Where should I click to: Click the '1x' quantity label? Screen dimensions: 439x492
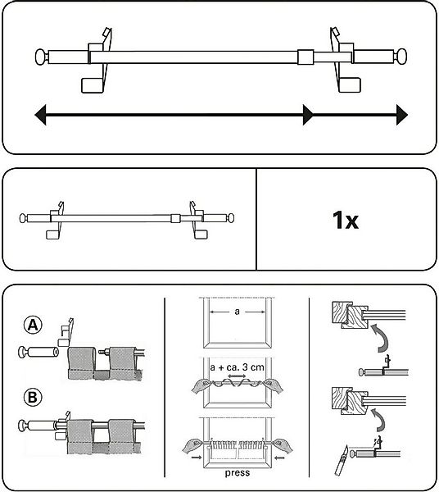pyautogui.click(x=346, y=220)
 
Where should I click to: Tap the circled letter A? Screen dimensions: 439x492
pyautogui.click(x=33, y=326)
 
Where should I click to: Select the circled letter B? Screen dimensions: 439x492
pyautogui.click(x=33, y=397)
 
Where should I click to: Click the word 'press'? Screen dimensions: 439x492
pyautogui.click(x=238, y=473)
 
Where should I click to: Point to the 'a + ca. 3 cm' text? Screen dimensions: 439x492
pyautogui.click(x=237, y=367)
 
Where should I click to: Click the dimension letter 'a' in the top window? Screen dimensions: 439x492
pyautogui.click(x=237, y=312)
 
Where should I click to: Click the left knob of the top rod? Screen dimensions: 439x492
pyautogui.click(x=42, y=57)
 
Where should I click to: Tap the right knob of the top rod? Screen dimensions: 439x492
pyautogui.click(x=401, y=57)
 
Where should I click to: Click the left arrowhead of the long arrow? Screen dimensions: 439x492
pyautogui.click(x=40, y=115)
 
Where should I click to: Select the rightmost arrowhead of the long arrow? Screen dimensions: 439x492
pyautogui.click(x=402, y=115)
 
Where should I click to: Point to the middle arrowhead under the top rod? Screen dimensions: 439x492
pyautogui.click(x=308, y=115)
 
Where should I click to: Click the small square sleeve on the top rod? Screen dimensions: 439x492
pyautogui.click(x=305, y=57)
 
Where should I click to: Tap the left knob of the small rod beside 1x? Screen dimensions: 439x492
pyautogui.click(x=23, y=218)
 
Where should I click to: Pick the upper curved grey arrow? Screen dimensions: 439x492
pyautogui.click(x=380, y=339)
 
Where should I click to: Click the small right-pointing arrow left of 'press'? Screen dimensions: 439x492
pyautogui.click(x=197, y=458)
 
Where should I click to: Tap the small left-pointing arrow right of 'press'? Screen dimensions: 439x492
pyautogui.click(x=279, y=458)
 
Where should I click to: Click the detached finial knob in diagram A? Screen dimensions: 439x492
pyautogui.click(x=23, y=352)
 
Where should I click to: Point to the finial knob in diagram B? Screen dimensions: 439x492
pyautogui.click(x=23, y=426)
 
